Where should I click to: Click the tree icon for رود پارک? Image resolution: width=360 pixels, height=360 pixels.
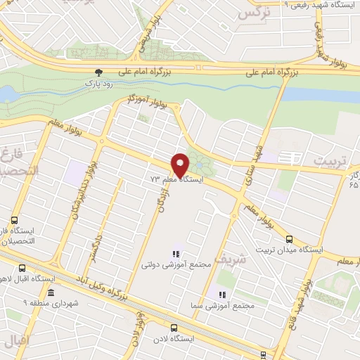coord(99,72)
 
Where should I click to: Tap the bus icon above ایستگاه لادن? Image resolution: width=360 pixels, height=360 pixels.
coord(174,327)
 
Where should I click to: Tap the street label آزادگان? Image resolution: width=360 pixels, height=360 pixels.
coord(160,205)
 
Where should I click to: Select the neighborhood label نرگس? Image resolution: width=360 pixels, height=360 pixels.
coord(254,12)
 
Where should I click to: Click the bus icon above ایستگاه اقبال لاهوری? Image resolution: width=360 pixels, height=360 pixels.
coord(22,268)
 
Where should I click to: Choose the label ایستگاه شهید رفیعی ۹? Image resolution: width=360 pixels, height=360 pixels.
coord(320,4)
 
